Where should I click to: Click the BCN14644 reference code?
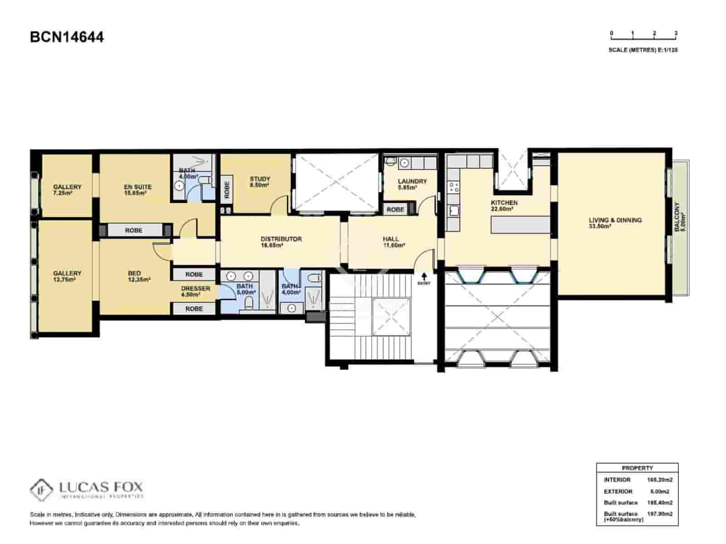pyautogui.click(x=67, y=37)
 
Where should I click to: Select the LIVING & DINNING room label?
pyautogui.click(x=615, y=223)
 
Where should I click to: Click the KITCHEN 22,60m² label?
pyautogui.click(x=504, y=206)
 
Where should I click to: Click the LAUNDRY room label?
pyautogui.click(x=412, y=184)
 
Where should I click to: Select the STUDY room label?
pyautogui.click(x=260, y=182)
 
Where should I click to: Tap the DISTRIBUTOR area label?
pyautogui.click(x=281, y=242)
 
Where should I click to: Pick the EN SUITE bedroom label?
pyautogui.click(x=137, y=189)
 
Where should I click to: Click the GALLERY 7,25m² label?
pyautogui.click(x=67, y=189)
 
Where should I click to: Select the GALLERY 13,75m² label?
pyautogui.click(x=67, y=276)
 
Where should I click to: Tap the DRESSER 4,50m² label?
pyautogui.click(x=196, y=291)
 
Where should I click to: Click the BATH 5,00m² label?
pyautogui.click(x=245, y=289)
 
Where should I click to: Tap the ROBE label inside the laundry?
pyautogui.click(x=395, y=209)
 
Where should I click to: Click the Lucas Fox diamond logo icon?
pyautogui.click(x=42, y=490)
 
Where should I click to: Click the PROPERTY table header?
pyautogui.click(x=637, y=468)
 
